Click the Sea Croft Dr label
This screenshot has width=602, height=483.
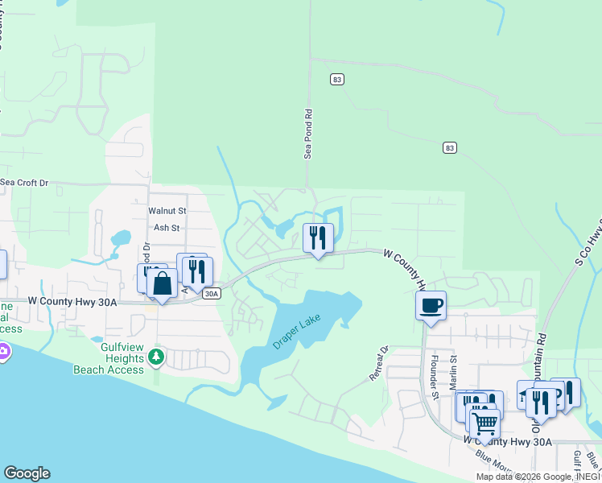tap(24, 183)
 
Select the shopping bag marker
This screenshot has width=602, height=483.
tap(162, 283)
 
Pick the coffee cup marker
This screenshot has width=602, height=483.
tap(431, 305)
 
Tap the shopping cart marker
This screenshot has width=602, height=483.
tap(484, 422)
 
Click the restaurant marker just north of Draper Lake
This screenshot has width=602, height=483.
tap(318, 237)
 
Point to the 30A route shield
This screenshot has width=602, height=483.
tap(211, 294)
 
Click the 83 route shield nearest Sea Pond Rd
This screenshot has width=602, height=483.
tap(337, 79)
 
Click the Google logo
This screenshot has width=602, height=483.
tap(27, 473)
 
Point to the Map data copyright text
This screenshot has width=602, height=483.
tap(538, 477)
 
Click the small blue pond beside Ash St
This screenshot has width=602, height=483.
tap(121, 238)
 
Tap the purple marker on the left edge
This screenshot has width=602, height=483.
tap(3, 352)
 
